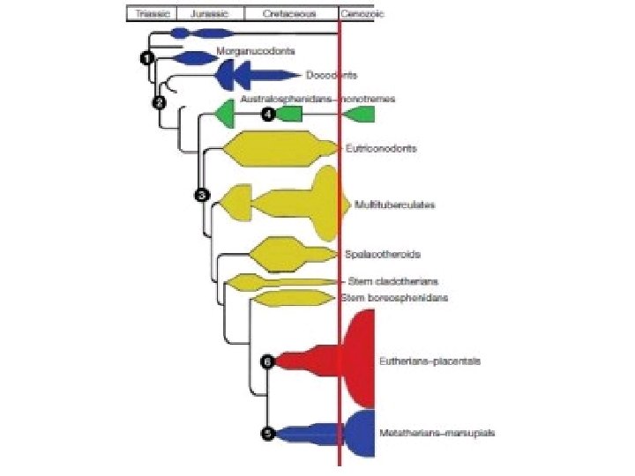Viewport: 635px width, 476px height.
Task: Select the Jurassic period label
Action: click(x=207, y=14)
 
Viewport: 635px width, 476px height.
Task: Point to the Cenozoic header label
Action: click(x=356, y=14)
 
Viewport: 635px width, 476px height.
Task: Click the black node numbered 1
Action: click(x=146, y=57)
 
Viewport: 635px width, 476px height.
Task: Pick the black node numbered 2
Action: click(x=159, y=102)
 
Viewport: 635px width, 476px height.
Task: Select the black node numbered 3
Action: click(x=202, y=194)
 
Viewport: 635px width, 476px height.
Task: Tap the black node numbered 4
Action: click(x=268, y=115)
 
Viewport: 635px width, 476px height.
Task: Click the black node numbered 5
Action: click(x=268, y=433)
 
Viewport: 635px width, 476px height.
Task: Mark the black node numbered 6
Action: click(x=268, y=361)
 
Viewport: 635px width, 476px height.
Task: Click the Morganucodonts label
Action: click(x=255, y=51)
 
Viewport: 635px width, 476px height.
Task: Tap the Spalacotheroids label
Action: click(x=382, y=254)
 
